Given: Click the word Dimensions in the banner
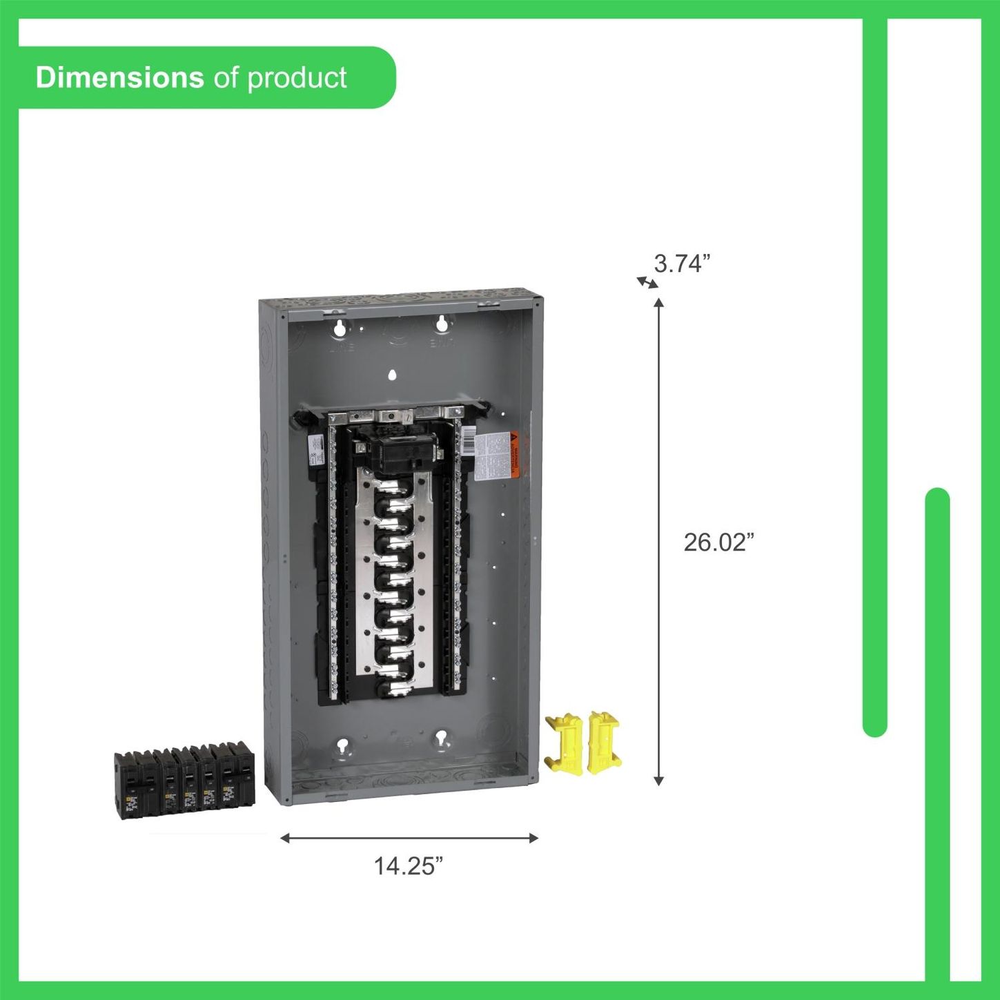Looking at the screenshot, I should coord(119,78).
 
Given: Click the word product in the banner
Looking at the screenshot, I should coord(297,78).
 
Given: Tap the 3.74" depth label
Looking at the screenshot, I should coord(682,264).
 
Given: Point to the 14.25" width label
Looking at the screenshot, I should coord(408,865).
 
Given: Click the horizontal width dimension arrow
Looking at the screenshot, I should coord(409,838).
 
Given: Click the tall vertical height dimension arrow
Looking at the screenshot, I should coord(658,542).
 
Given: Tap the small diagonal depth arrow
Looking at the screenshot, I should coord(647,282).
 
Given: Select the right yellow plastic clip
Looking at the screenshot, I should coord(603,741).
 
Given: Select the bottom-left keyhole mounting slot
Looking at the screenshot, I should coord(343,746).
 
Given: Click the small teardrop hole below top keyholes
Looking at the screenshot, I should coord(392,375).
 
